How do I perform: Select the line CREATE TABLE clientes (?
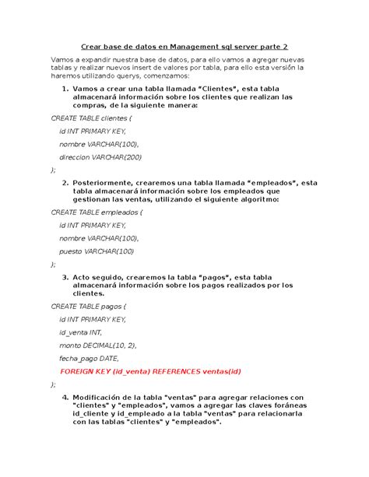91,118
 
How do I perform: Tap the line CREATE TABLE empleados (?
97,212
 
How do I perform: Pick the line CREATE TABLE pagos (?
87,306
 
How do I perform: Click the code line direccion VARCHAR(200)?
101,157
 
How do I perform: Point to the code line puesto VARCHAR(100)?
97,251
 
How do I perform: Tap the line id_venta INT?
81,331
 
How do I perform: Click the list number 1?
65,88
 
